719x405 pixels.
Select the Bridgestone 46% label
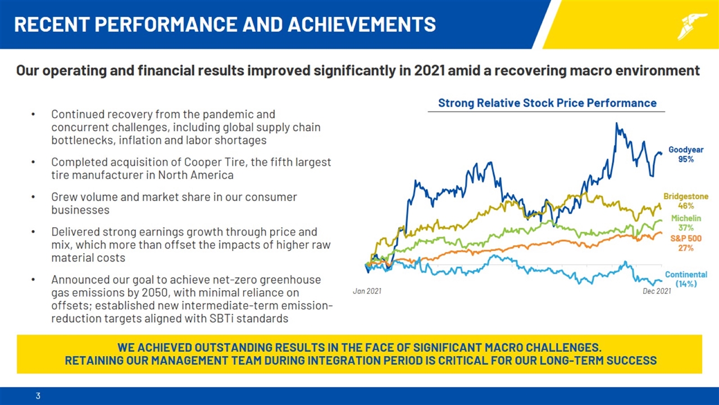click(x=686, y=201)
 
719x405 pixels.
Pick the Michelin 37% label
click(x=686, y=223)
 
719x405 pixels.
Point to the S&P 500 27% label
click(x=686, y=243)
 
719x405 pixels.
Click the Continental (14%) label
click(x=686, y=279)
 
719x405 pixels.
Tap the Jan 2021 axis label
click(x=367, y=291)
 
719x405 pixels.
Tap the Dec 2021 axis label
click(x=656, y=291)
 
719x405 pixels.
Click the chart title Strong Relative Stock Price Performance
click(x=547, y=103)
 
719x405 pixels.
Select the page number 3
click(x=38, y=396)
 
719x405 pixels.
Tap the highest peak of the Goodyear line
click(x=617, y=124)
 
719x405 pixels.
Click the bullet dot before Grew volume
click(x=34, y=197)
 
